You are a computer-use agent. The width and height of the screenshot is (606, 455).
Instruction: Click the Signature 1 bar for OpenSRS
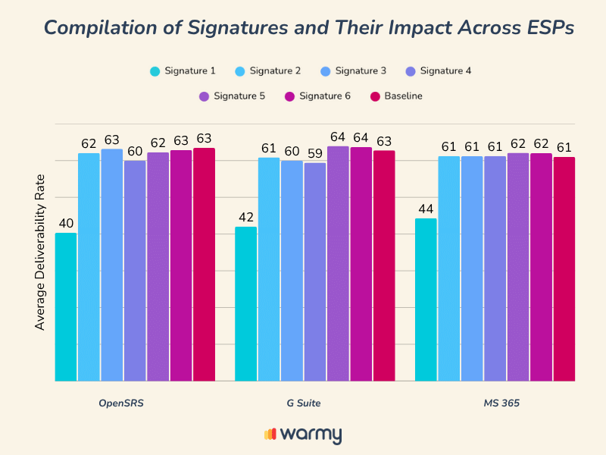66,307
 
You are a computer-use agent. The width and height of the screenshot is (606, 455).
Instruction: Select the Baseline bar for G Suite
384,265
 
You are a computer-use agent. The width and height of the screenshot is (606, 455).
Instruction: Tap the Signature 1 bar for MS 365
426,300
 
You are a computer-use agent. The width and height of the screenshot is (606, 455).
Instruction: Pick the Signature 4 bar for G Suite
315,271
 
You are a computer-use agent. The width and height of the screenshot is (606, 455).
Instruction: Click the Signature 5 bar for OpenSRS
158,266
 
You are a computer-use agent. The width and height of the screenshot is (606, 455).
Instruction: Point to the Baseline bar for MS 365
564,268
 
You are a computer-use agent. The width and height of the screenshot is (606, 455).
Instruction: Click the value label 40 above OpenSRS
66,223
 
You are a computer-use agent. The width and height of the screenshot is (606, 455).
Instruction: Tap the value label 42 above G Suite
246,217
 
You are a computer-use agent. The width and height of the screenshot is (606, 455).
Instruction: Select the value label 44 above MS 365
426,209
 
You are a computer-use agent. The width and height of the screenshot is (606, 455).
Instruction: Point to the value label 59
315,153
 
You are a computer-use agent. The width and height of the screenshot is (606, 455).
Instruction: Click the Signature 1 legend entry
183,71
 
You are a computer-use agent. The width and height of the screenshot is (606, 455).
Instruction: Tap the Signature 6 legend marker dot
289,96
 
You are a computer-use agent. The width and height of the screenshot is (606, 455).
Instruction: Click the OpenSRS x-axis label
121,403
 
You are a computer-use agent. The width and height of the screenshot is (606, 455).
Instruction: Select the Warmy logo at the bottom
303,435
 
